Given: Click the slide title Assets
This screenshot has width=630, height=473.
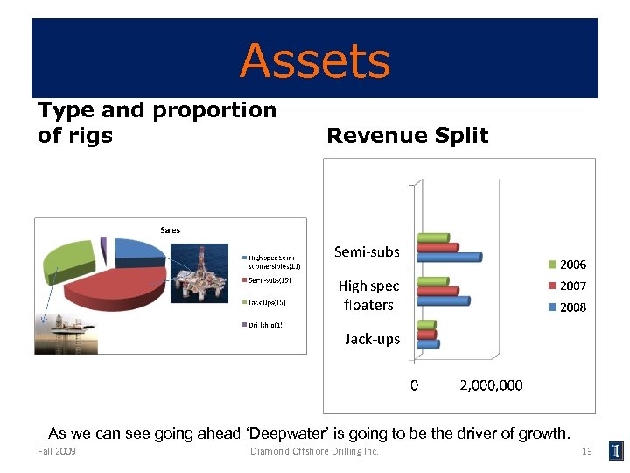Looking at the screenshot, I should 315,61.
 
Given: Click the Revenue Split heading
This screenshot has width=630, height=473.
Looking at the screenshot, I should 407,135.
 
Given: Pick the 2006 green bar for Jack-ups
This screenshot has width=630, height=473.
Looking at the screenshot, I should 426,325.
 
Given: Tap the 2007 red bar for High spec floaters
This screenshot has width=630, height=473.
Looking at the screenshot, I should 437,291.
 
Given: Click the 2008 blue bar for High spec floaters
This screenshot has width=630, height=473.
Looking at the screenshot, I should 443,301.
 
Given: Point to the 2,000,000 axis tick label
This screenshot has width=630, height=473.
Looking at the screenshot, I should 491,385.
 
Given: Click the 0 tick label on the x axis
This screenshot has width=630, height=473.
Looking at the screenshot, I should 415,385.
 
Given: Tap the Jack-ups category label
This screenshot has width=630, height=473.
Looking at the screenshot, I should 372,339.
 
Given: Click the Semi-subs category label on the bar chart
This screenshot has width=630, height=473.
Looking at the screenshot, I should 367,252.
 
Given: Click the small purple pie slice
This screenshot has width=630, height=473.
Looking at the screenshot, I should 103,244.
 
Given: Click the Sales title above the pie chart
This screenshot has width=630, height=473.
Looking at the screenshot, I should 170,229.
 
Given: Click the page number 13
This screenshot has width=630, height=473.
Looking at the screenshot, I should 587,451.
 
